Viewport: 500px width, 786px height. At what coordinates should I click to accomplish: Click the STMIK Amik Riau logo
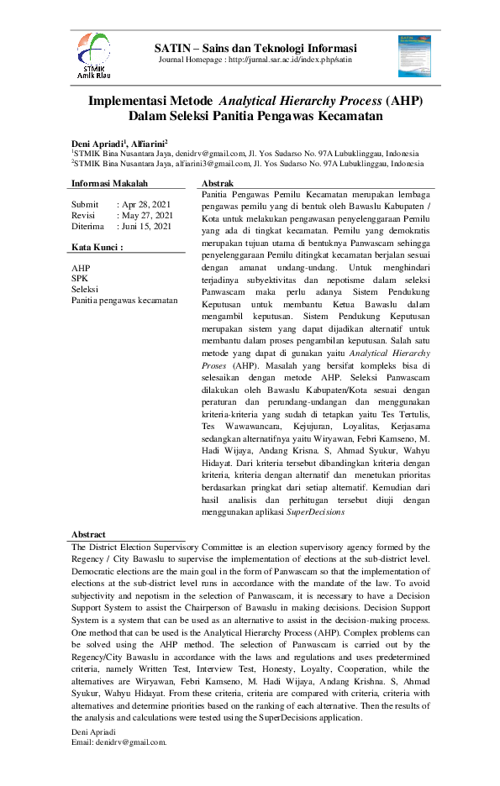coord(93,56)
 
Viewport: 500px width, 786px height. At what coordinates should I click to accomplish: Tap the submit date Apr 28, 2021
coord(147,204)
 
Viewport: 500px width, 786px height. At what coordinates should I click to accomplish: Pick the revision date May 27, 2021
coord(148,215)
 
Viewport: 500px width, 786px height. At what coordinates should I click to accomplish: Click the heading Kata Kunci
coord(97,248)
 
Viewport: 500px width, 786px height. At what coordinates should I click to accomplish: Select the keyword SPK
coord(80,279)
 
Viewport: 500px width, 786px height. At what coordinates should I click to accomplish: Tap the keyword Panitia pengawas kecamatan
coord(124,300)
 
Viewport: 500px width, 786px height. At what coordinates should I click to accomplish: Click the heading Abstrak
coord(218,183)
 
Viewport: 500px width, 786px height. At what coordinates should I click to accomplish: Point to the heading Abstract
coord(88,534)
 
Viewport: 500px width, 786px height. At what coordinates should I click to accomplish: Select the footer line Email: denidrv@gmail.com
coord(119,741)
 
